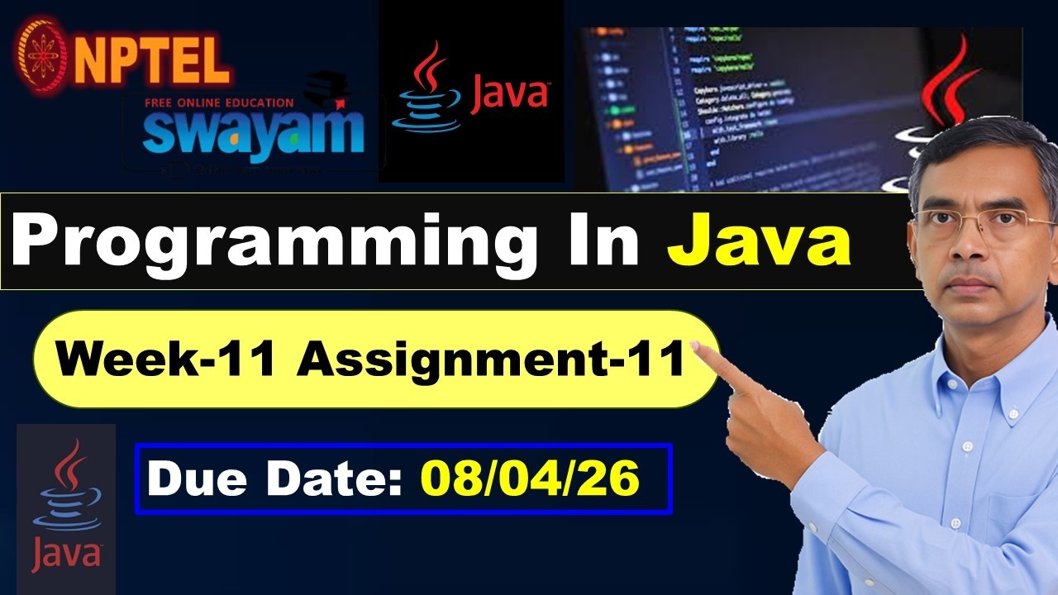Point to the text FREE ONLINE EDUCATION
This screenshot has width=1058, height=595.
coord(218,103)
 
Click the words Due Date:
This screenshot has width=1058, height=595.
coord(276,479)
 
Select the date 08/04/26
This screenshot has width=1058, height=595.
coord(530,479)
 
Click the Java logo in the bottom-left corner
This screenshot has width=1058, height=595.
coord(66,508)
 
